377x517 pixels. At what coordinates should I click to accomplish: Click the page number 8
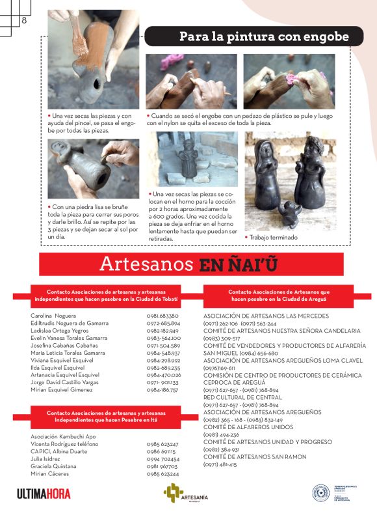click(24, 20)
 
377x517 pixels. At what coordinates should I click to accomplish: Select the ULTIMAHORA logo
click(44, 494)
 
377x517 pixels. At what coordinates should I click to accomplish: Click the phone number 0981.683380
click(163, 316)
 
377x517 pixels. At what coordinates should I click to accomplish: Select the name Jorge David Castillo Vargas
click(65, 382)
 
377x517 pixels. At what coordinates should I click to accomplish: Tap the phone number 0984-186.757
click(163, 390)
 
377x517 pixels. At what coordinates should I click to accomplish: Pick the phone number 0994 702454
click(163, 459)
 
